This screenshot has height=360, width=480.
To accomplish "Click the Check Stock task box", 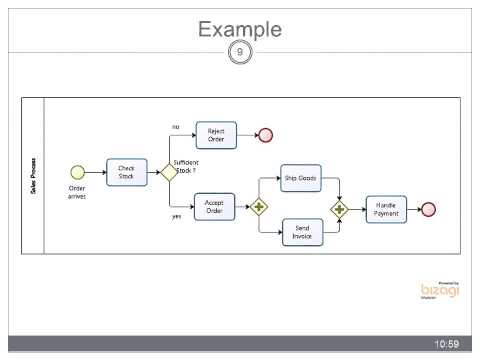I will click(126, 172).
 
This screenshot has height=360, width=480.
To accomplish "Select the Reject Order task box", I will click(215, 135).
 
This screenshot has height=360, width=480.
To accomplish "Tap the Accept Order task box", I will click(213, 207).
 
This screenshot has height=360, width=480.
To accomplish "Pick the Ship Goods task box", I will click(301, 179).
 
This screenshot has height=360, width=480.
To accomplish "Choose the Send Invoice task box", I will click(301, 232).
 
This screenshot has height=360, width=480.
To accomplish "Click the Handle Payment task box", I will click(386, 208).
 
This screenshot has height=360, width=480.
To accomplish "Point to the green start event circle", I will click(77, 172).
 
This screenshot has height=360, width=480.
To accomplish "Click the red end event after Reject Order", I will click(266, 135).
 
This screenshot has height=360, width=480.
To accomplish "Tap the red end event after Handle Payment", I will click(429, 208).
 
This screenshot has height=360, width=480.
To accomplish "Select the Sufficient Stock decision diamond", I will click(168, 172).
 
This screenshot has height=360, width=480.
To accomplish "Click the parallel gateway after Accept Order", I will click(260, 208).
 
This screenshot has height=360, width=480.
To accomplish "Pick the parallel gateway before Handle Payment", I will click(340, 208).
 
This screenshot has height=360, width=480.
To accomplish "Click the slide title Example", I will click(239, 29).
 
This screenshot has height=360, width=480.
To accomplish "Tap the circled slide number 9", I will click(239, 52).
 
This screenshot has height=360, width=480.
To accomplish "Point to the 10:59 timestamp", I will click(446, 344).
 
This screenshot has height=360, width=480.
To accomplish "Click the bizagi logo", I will click(439, 290).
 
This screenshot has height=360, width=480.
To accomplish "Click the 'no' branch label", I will click(176, 126).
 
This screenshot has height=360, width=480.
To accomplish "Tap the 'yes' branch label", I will click(177, 216).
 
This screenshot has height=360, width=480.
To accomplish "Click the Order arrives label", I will click(77, 192).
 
